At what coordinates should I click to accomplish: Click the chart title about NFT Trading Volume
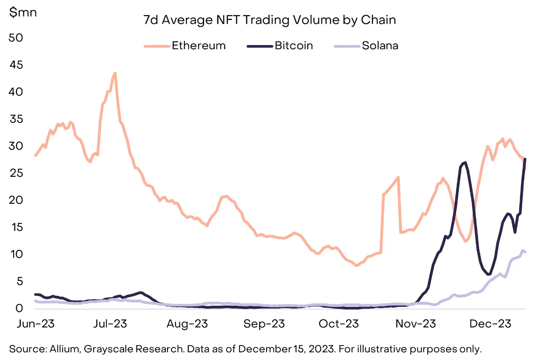pyautogui.click(x=270, y=20)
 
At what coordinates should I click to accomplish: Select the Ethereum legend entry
pyautogui.click(x=198, y=45)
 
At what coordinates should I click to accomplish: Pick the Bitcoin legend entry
pyautogui.click(x=293, y=45)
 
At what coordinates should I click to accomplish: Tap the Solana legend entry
pyautogui.click(x=380, y=45)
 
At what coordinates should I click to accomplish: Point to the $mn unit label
pyautogui.click(x=23, y=12)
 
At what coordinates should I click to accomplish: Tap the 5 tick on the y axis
pyautogui.click(x=18, y=281)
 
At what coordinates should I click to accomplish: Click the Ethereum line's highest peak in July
pyautogui.click(x=115, y=73)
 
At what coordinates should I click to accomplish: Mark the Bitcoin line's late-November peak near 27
pyautogui.click(x=465, y=162)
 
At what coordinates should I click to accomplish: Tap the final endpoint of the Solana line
pyautogui.click(x=526, y=252)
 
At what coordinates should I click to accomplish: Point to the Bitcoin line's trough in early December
pyautogui.click(x=489, y=274)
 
